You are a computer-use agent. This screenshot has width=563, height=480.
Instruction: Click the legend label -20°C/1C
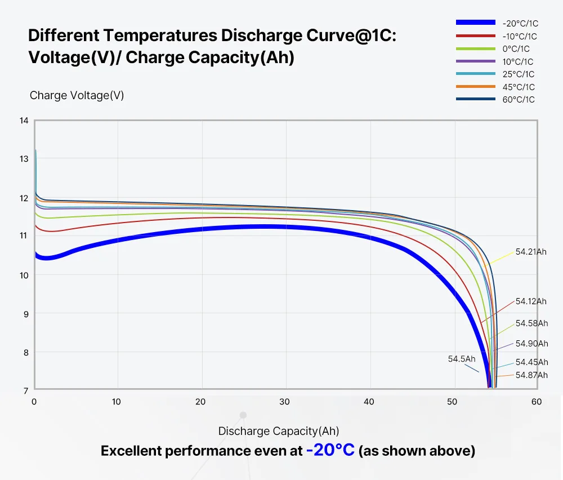click(520, 24)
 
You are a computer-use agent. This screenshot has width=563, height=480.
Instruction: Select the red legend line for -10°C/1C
click(476, 36)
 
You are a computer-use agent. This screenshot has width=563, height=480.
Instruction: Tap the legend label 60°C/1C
click(519, 100)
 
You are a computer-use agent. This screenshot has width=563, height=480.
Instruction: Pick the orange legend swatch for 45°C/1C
click(476, 87)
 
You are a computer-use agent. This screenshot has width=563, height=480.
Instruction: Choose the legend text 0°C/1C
click(516, 49)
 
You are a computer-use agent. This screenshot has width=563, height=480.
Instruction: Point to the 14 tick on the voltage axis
click(24, 121)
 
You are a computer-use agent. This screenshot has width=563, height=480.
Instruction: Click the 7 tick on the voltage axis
click(26, 390)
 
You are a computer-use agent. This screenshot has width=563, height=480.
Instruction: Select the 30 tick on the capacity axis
click(284, 402)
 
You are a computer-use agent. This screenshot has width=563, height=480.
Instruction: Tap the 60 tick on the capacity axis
click(537, 402)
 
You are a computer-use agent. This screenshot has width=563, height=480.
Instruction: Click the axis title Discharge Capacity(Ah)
click(279, 431)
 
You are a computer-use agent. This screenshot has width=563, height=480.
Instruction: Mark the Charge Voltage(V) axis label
click(77, 95)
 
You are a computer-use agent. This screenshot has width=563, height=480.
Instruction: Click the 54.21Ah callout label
click(531, 252)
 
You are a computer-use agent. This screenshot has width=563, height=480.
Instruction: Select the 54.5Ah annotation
click(462, 359)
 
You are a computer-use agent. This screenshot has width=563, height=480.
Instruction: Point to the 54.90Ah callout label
click(532, 344)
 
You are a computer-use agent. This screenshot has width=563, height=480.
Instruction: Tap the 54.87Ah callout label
click(532, 375)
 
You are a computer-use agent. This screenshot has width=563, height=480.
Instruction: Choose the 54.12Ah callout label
click(531, 301)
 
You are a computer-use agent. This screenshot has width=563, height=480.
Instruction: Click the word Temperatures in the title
click(160, 35)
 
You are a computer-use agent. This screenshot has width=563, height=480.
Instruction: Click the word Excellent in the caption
click(131, 451)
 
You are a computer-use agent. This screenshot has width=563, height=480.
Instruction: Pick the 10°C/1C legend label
click(518, 62)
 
